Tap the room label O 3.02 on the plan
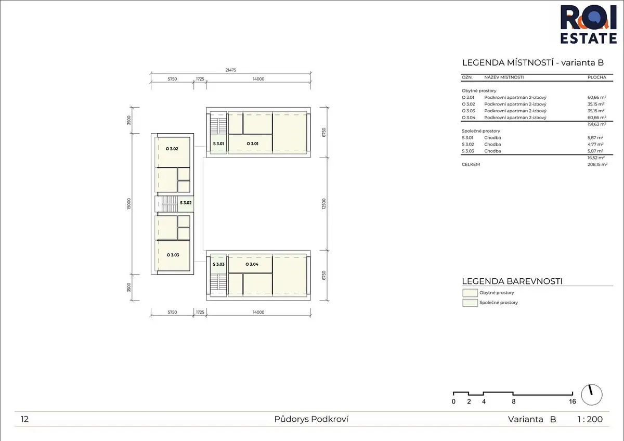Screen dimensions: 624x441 [x=172, y=149]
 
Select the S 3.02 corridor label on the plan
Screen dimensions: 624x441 [x=186, y=202]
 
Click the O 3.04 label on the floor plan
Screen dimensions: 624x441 [x=252, y=264]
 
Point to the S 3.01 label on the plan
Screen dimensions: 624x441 [x=218, y=144]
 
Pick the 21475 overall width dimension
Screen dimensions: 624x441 [x=231, y=70]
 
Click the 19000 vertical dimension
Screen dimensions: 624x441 [x=129, y=204]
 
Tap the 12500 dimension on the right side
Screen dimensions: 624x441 [x=323, y=204]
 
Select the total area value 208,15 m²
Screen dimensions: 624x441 [x=597, y=164]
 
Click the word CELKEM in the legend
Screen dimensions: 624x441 [x=471, y=164]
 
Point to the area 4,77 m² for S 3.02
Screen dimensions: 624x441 [x=595, y=144]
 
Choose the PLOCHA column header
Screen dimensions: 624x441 [x=597, y=77]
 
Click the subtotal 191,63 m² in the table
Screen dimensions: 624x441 [x=597, y=124]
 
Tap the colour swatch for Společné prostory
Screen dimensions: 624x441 [x=470, y=303]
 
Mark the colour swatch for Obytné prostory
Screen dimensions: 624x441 [x=470, y=293]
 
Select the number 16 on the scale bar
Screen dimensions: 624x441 [x=573, y=401]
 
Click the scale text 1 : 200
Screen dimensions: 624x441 [x=590, y=419]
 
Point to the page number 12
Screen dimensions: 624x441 [x=24, y=419]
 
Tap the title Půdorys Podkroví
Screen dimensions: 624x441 [x=311, y=419]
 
